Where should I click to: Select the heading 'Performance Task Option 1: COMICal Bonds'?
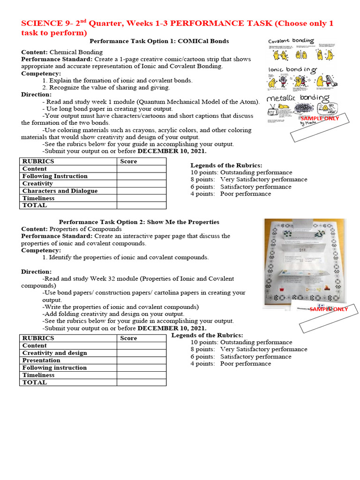[x=159, y=41]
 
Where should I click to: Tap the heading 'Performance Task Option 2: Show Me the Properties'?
[x=139, y=222]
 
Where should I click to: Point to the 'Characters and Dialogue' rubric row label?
[x=60, y=191]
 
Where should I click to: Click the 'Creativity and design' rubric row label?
[x=54, y=353]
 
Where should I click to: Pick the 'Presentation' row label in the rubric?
[x=41, y=360]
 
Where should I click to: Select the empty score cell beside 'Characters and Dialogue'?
[x=141, y=191]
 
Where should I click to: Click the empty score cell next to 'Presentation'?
[x=141, y=360]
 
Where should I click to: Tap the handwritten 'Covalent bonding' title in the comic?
[x=291, y=41]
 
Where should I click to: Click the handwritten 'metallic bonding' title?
[x=297, y=98]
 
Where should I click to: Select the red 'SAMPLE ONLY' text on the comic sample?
[x=319, y=119]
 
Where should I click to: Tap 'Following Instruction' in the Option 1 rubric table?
[x=55, y=176]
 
